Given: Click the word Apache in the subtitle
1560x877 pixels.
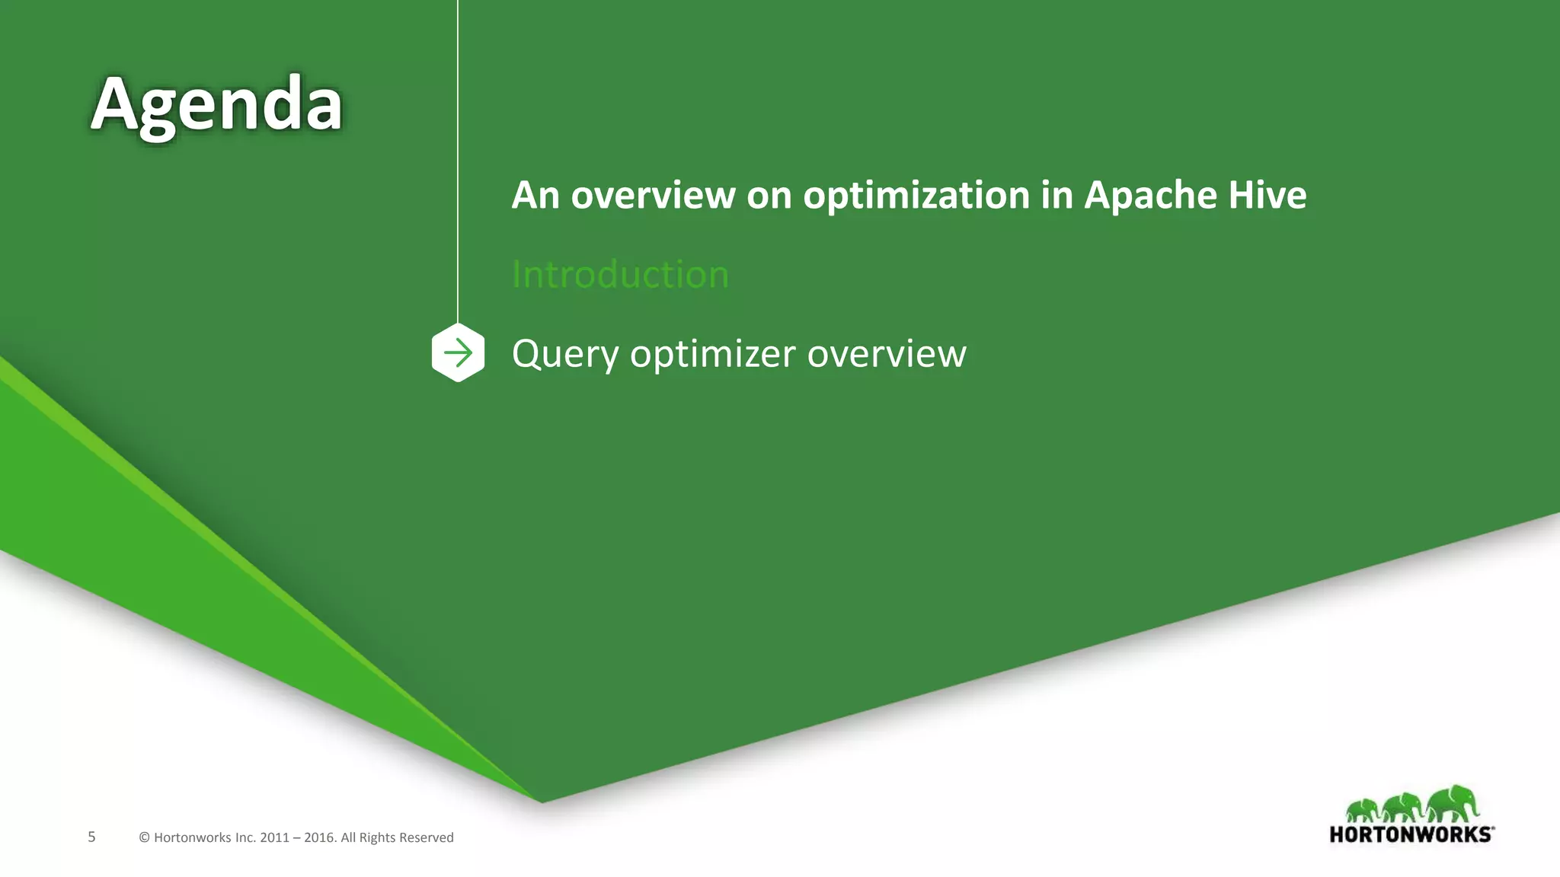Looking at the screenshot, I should click(1151, 196).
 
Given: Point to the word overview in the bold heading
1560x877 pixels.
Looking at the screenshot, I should click(653, 196).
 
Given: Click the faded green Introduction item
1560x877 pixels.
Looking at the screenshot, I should click(620, 274).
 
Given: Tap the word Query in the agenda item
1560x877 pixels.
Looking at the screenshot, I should click(565, 354).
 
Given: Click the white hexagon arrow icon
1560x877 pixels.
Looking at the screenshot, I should click(458, 352).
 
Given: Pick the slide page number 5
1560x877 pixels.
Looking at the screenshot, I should click(91, 837).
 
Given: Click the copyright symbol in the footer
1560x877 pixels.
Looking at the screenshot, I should click(144, 838).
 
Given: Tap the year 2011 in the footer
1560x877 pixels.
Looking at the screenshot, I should click(274, 838).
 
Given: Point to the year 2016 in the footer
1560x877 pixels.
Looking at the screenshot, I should click(319, 838).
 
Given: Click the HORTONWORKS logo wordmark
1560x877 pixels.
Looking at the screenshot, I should click(1411, 834).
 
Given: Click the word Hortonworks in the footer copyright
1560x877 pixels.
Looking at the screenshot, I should click(192, 838).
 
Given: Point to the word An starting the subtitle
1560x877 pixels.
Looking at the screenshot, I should click(535, 196).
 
